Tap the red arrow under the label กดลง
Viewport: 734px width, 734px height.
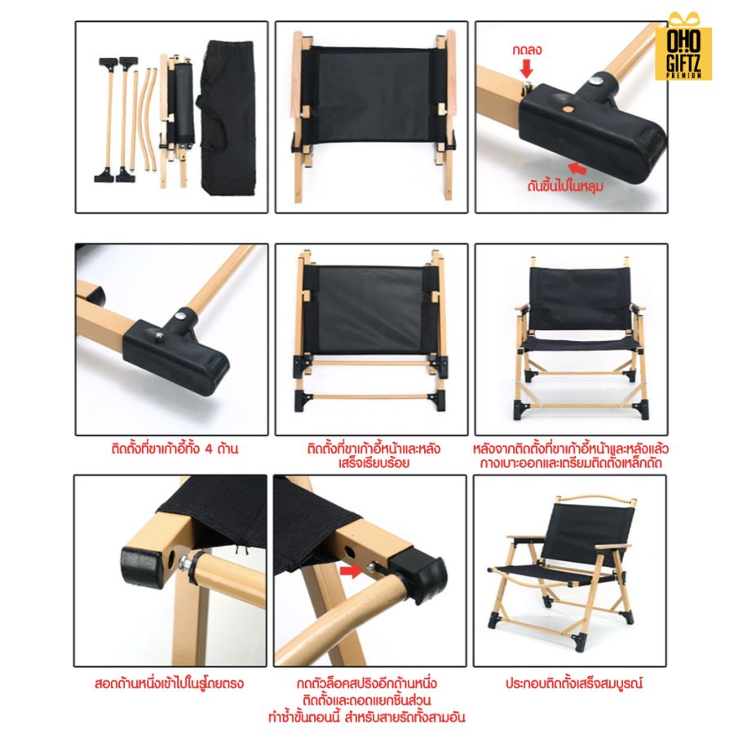(527, 69)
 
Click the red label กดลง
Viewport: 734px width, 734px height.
(527, 50)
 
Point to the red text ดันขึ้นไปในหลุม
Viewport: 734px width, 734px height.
(565, 186)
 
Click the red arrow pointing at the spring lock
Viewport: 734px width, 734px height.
(352, 570)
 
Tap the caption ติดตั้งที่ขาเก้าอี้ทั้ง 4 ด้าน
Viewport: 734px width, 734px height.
(175, 449)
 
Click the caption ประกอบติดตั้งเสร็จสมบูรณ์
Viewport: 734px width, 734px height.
(574, 683)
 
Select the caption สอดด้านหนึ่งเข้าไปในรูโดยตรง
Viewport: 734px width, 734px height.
(169, 683)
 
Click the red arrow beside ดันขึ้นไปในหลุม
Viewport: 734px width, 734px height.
(577, 168)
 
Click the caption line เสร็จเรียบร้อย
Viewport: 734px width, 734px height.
(374, 463)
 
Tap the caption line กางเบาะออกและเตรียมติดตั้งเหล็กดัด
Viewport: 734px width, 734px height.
(571, 463)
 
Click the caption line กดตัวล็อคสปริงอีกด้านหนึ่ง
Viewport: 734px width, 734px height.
(367, 683)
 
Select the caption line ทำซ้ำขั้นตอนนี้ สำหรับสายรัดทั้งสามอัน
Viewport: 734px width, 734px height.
(367, 717)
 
